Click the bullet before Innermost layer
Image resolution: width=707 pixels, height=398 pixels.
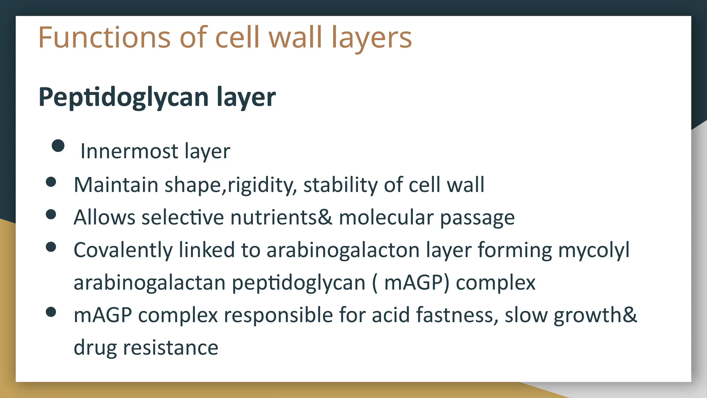point(58,145)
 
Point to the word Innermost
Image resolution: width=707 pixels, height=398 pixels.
point(129,151)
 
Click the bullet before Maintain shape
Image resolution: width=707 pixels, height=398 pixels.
point(51,182)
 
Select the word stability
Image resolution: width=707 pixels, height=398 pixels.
point(340,184)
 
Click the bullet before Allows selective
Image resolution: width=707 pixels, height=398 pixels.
point(51,214)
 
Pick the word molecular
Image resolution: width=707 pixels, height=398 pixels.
point(386,218)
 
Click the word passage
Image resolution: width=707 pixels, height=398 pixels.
point(477,218)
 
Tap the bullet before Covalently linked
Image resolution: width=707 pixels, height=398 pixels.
point(51,247)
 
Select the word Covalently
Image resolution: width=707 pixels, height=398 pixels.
point(123,250)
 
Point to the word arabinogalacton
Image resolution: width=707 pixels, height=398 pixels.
point(343,250)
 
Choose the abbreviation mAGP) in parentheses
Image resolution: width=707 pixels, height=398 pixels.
point(417,283)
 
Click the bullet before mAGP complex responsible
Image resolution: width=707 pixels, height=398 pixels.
point(51,312)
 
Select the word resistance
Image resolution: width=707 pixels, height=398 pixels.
point(171,348)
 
